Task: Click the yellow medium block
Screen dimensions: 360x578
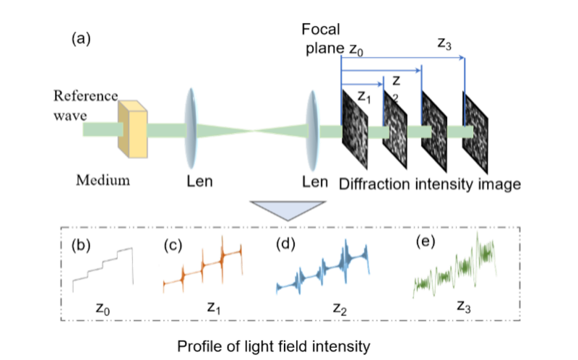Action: click(x=134, y=129)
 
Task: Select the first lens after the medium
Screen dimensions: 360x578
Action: click(x=191, y=129)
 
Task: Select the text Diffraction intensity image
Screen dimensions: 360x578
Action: click(x=431, y=184)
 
